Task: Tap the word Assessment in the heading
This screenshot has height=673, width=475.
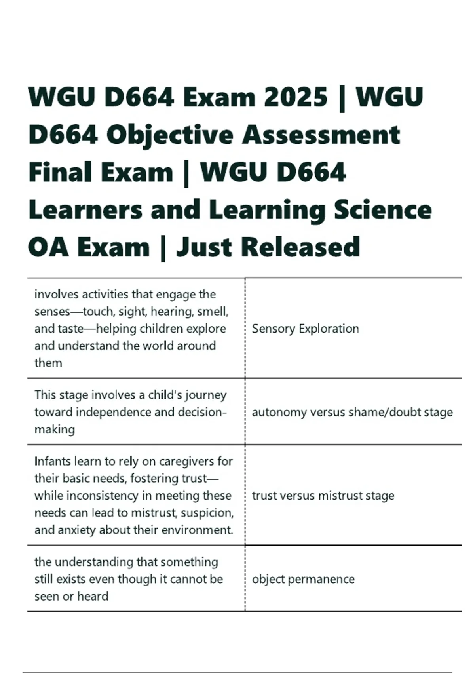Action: click(x=321, y=135)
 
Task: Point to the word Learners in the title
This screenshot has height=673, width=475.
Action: click(x=85, y=210)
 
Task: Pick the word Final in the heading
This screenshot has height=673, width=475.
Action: click(x=60, y=173)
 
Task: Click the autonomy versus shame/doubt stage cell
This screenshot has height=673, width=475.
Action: click(x=352, y=412)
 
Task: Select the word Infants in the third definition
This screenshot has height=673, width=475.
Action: click(x=52, y=461)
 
